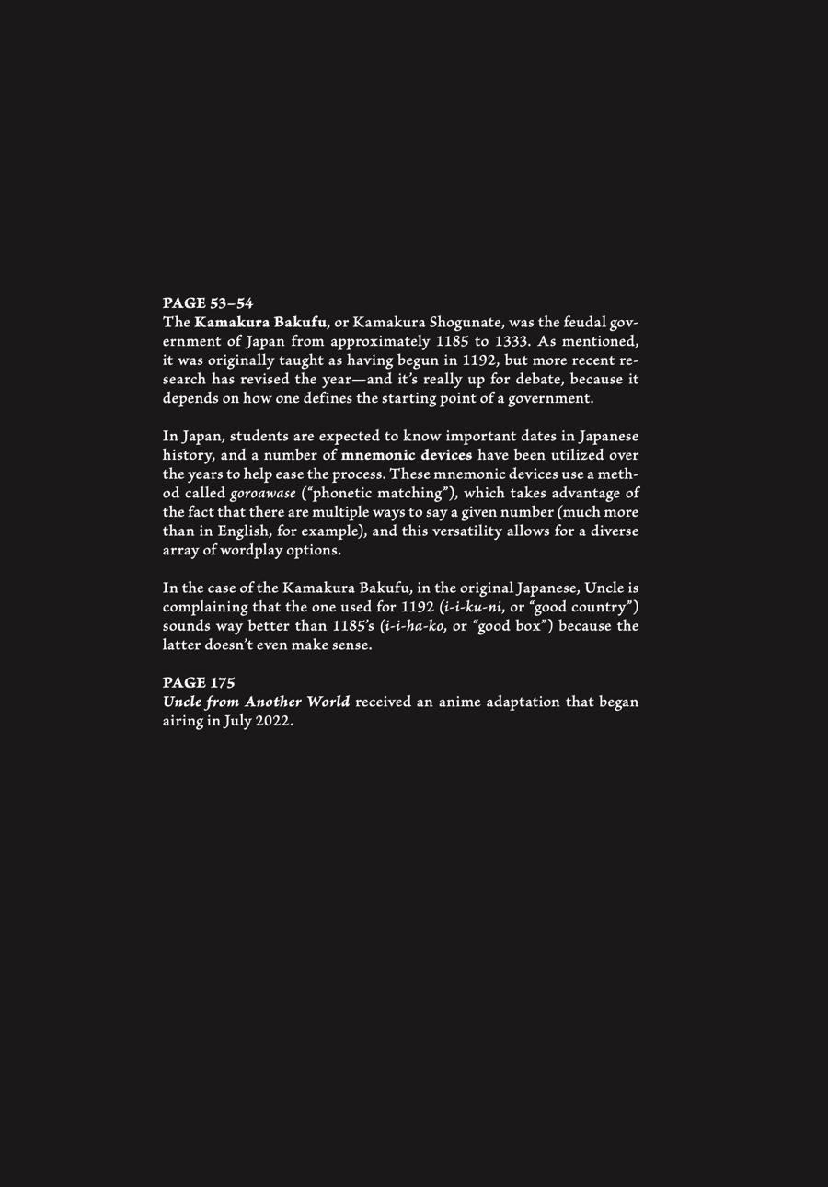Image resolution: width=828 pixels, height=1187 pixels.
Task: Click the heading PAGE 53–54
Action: point(208,303)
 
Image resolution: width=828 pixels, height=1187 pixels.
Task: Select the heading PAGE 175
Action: point(199,683)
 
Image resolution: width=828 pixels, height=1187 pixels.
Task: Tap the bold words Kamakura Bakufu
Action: point(260,323)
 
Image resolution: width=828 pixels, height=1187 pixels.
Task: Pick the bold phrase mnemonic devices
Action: point(407,455)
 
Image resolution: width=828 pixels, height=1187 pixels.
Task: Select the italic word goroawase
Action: point(263,494)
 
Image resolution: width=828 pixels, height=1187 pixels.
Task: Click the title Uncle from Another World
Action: point(256,702)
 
